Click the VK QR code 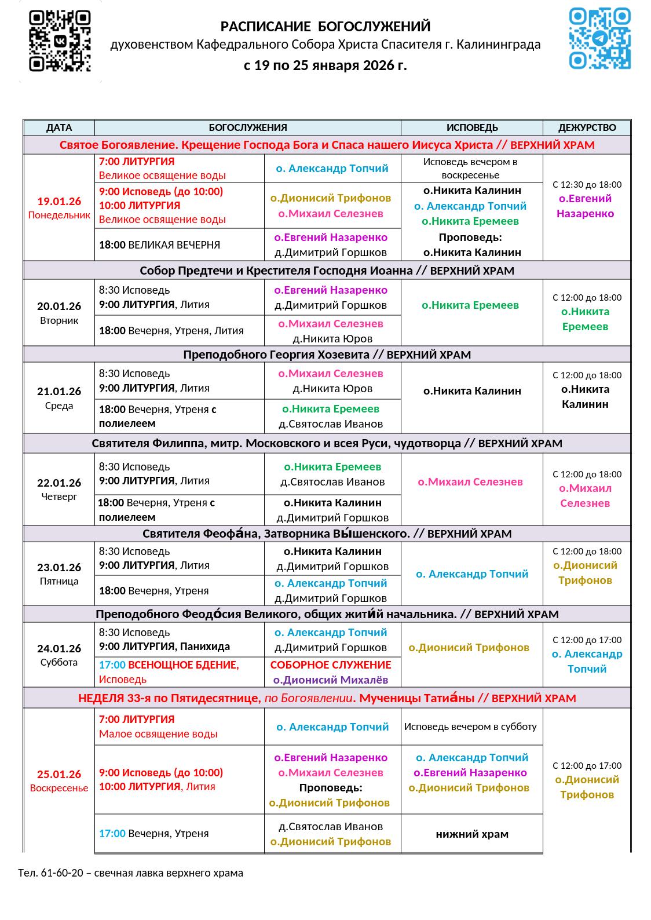click(x=60, y=41)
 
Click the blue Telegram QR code click(x=599, y=38)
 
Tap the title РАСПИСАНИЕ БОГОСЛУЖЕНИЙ click(x=325, y=27)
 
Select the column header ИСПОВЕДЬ click(x=472, y=127)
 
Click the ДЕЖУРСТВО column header click(x=587, y=127)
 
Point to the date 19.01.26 click(x=59, y=202)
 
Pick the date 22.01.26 click(x=59, y=483)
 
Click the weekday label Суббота click(x=59, y=662)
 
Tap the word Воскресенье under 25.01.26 click(x=59, y=788)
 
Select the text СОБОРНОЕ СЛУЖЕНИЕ click(x=331, y=665)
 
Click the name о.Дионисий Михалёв click(x=331, y=680)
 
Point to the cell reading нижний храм click(x=472, y=834)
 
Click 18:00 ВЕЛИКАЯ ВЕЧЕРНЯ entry click(x=159, y=244)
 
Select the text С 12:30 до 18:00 click(x=587, y=184)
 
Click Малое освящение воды click(x=158, y=733)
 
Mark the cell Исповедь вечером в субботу click(x=470, y=726)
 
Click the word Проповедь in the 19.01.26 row click(x=470, y=237)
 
